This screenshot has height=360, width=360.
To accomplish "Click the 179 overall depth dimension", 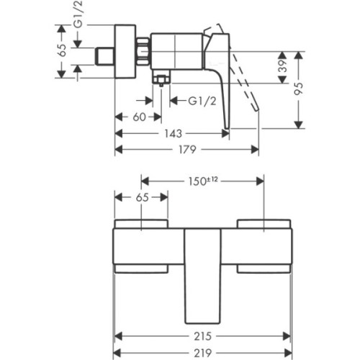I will coord(189,149).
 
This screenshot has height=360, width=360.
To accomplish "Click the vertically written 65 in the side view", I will coord(62,49).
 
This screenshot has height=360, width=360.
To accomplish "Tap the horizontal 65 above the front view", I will coord(142,197).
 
